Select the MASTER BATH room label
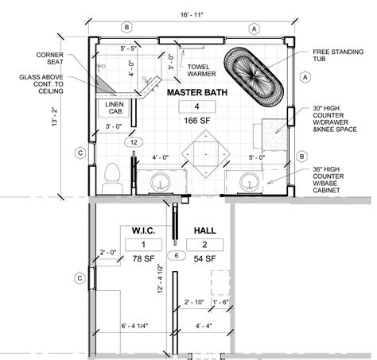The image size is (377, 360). coord(195,92)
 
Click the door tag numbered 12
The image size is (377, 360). coord(134,142)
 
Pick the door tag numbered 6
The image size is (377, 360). coord(178,256)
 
